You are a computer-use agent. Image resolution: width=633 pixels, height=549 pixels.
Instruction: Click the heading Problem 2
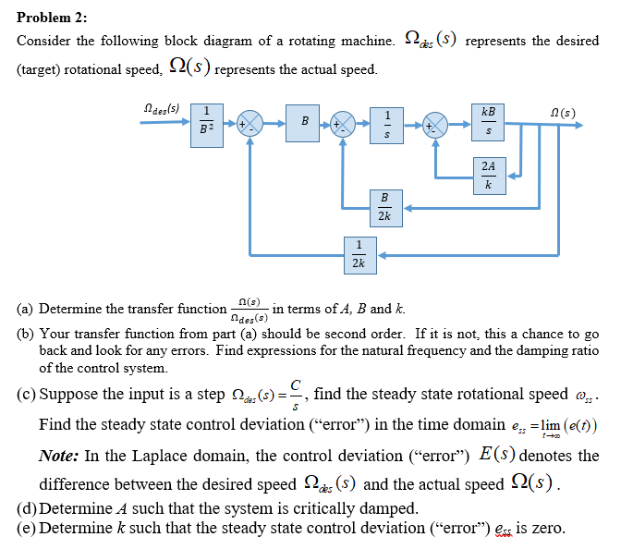click(53, 18)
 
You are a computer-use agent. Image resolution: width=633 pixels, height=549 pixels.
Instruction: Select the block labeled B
click(304, 122)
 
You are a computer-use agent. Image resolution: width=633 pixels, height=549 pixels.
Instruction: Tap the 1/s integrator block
click(387, 122)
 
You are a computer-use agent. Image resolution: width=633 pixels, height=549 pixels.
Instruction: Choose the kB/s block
click(488, 122)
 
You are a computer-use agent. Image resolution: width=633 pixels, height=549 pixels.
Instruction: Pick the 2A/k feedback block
click(488, 176)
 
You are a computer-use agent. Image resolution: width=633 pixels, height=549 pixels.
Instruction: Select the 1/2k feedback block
click(358, 253)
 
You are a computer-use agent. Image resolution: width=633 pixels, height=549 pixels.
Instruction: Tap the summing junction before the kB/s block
click(435, 122)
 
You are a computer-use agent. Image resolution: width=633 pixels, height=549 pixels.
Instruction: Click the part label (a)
click(27, 309)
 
